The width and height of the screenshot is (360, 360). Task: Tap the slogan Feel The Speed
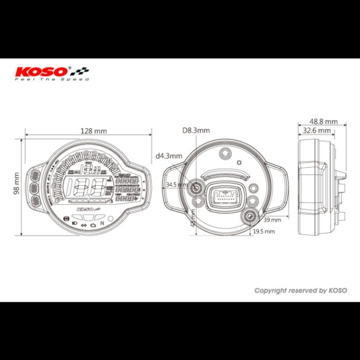click(51, 80)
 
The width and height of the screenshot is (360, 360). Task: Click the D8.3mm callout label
click(196, 131)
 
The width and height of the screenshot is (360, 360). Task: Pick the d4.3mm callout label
click(169, 155)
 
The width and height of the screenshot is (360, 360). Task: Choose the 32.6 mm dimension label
click(316, 131)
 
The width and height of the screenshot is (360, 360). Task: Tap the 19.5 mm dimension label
click(263, 232)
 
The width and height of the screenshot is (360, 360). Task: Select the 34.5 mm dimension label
click(176, 184)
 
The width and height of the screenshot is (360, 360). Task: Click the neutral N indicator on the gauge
click(102, 223)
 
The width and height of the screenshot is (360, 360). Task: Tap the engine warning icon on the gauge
click(93, 225)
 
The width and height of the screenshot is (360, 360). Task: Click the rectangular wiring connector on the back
click(224, 196)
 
